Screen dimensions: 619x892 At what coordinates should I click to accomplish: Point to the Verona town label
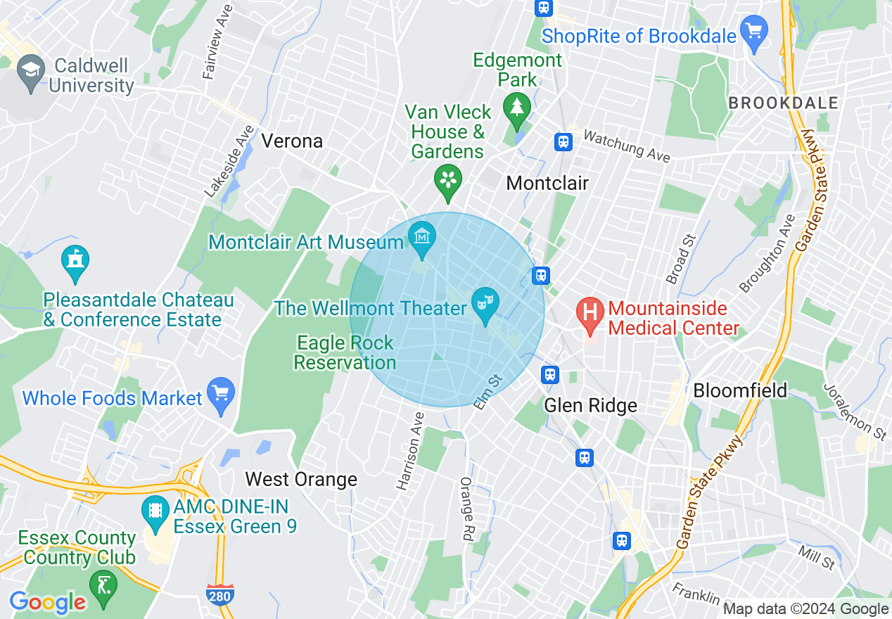tap(292, 141)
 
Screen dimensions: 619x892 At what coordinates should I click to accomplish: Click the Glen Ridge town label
tap(591, 405)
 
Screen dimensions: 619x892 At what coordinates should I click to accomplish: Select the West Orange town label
tap(301, 480)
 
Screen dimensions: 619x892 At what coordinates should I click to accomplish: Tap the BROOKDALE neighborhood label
tap(783, 103)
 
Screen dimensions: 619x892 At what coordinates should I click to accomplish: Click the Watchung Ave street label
tap(625, 146)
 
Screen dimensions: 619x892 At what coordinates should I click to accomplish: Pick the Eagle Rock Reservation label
tap(345, 353)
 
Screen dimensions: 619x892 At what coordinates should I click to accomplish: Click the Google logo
tap(47, 602)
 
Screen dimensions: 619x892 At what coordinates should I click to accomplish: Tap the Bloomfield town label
tap(740, 390)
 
